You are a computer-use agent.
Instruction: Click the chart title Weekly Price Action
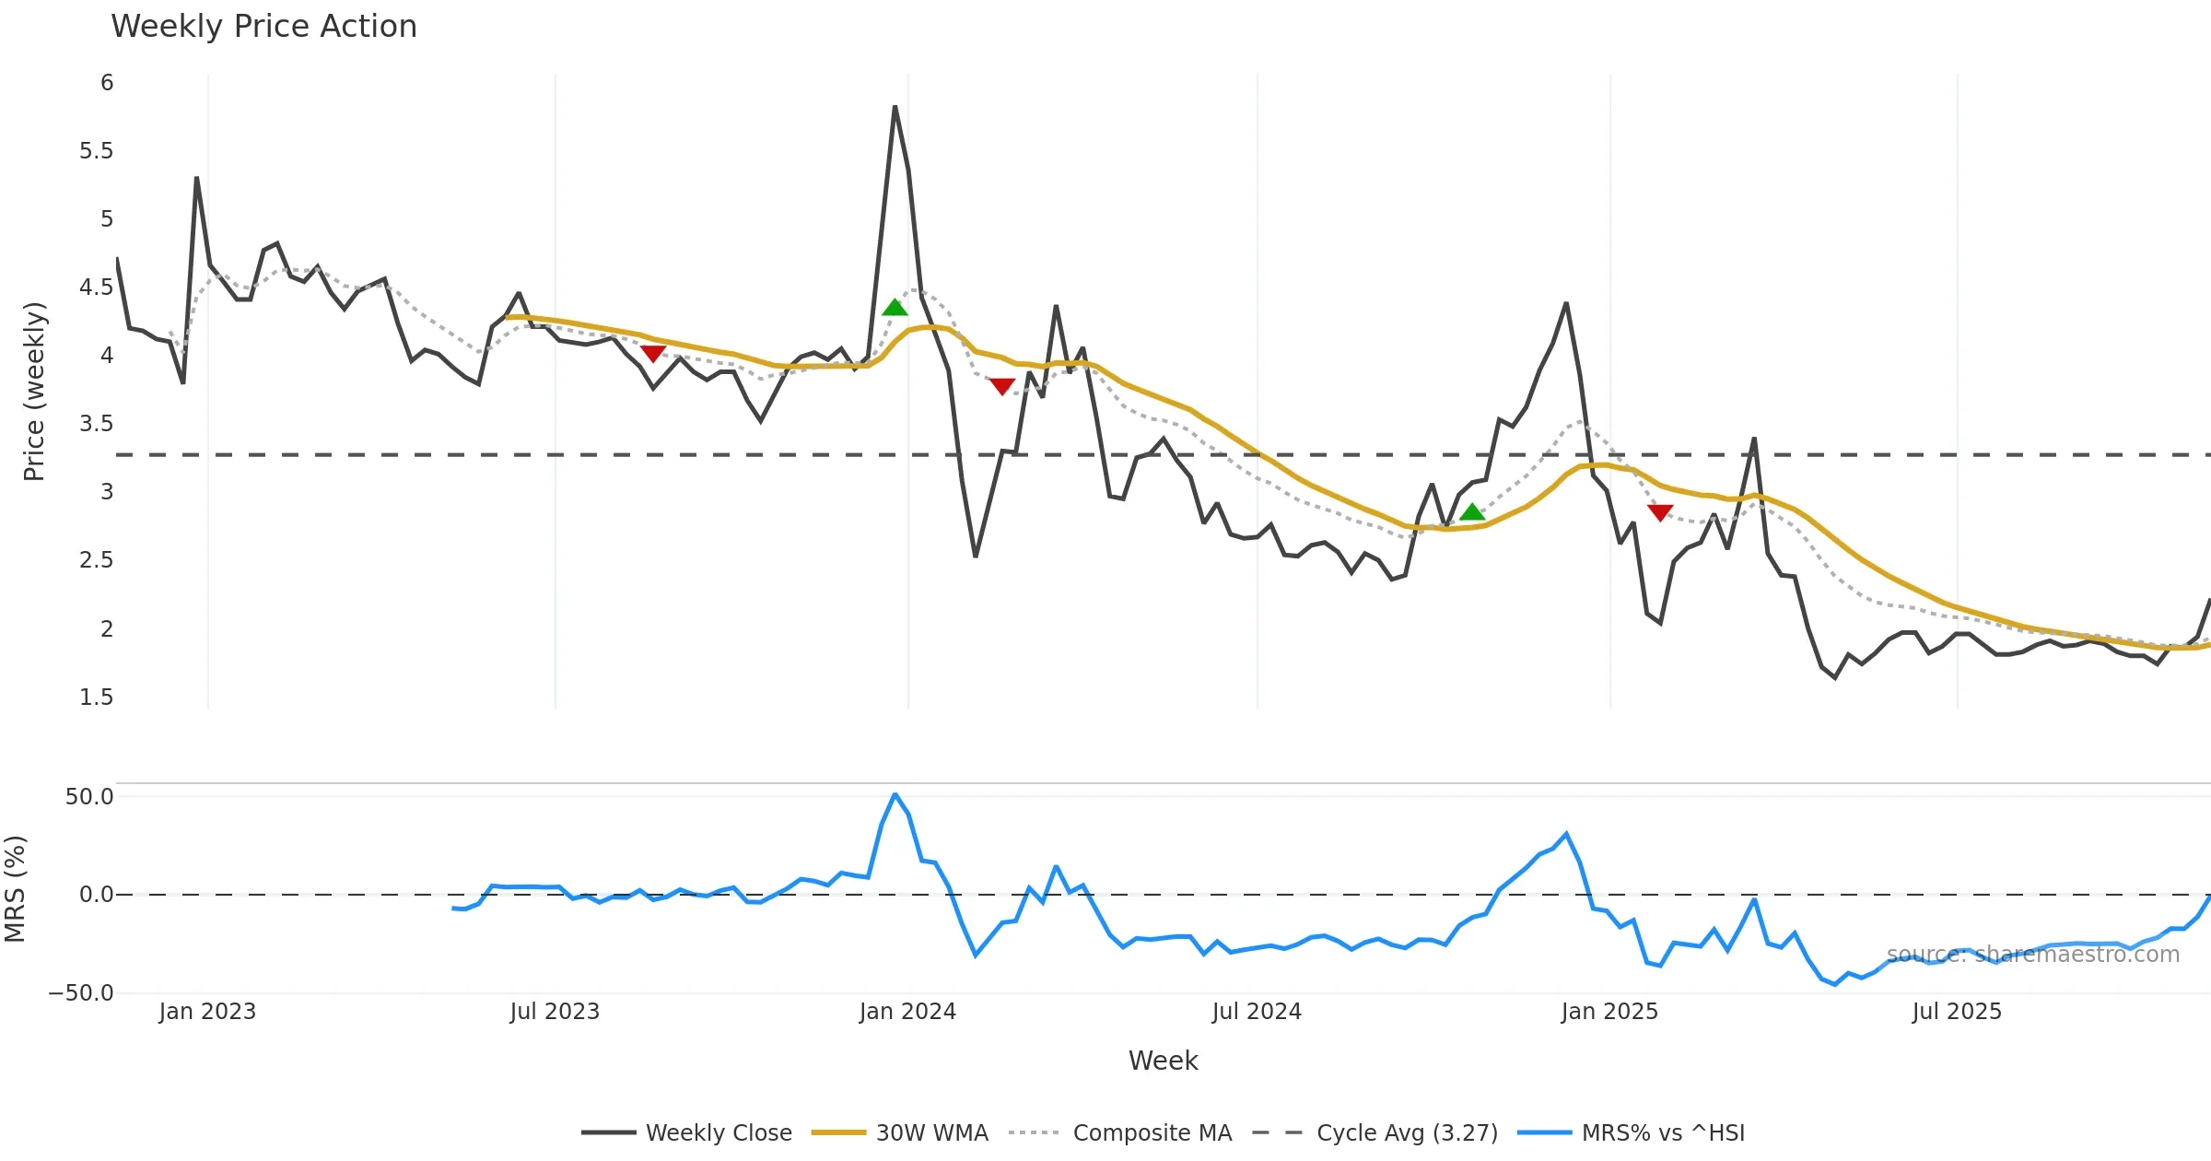click(x=263, y=27)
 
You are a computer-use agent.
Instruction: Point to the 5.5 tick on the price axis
click(x=96, y=151)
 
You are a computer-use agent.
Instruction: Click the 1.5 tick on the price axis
click(x=96, y=698)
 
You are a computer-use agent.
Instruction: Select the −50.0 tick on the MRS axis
click(x=81, y=993)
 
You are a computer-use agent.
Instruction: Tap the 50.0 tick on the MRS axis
click(x=89, y=797)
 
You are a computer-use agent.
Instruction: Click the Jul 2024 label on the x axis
click(x=1257, y=1012)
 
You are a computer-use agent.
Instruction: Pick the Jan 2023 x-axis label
click(x=207, y=1012)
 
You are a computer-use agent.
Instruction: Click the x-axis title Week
click(x=1163, y=1061)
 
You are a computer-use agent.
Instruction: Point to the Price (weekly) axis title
click(x=34, y=392)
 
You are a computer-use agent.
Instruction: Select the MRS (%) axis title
click(x=15, y=889)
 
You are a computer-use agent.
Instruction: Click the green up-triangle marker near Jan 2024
click(x=895, y=308)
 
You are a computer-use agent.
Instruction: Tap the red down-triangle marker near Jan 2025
click(x=1660, y=513)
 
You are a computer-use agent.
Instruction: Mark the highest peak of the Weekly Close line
click(x=895, y=107)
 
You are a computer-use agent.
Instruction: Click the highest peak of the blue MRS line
click(x=895, y=794)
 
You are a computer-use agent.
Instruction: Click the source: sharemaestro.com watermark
click(x=2032, y=955)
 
